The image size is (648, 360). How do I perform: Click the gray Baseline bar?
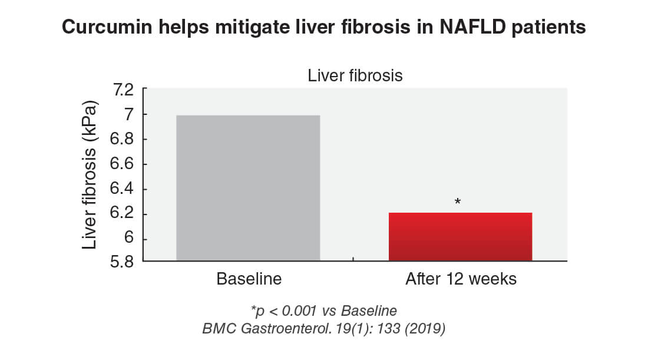point(248,188)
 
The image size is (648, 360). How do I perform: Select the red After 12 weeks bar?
point(461,237)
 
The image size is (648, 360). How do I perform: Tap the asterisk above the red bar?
point(458,202)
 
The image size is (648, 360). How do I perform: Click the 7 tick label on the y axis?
point(130,114)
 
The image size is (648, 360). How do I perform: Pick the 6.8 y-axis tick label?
point(121,139)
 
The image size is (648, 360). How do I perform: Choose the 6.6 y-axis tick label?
point(121,164)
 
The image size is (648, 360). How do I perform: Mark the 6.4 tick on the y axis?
point(121,189)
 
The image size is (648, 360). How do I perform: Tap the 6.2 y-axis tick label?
point(121,213)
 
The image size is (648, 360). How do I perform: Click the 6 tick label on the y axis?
point(130,237)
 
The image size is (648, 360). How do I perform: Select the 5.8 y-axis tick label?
point(121,262)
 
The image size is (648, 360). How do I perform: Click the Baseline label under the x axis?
point(249,279)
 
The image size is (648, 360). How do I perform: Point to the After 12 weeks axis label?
point(461,279)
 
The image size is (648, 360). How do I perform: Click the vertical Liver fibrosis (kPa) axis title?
point(90,175)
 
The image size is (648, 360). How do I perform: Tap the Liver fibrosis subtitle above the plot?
point(355,75)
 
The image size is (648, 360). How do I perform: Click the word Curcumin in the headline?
point(107,27)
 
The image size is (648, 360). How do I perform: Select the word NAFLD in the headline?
point(472,27)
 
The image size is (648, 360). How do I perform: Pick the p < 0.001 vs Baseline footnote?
point(323,311)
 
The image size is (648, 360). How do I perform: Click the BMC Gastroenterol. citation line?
point(323,329)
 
